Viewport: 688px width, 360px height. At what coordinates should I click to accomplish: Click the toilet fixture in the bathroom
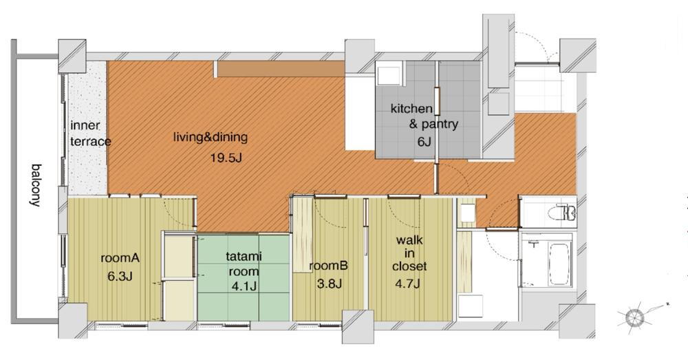[562, 213]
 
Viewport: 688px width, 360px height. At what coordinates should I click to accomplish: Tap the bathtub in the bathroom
[559, 264]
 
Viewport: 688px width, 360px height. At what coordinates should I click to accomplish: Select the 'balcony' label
[36, 185]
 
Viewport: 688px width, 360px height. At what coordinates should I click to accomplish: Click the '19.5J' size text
[226, 158]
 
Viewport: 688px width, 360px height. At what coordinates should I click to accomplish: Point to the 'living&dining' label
[211, 138]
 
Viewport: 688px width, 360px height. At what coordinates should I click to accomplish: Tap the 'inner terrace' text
[90, 134]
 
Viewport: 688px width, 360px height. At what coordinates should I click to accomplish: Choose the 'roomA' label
[120, 257]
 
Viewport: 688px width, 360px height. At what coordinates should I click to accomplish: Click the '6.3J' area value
[120, 276]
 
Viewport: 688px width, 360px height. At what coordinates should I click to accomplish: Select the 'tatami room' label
[244, 264]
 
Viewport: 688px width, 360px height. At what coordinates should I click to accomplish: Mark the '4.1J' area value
[244, 286]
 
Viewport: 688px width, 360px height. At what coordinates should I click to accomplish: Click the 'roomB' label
[329, 266]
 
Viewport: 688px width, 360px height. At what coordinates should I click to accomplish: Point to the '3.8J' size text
[329, 284]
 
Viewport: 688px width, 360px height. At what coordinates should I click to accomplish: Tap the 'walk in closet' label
[409, 253]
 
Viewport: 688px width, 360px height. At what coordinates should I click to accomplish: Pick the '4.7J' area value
[407, 283]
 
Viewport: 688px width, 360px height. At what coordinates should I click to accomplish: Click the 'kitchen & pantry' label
[424, 116]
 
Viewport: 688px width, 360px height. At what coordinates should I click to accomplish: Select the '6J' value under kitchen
[424, 142]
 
